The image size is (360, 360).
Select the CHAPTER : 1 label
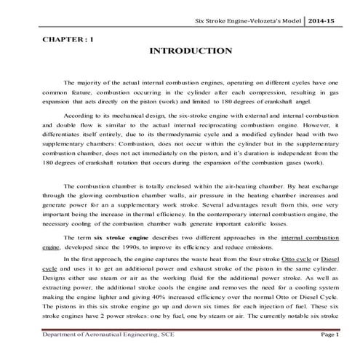(63, 35)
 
